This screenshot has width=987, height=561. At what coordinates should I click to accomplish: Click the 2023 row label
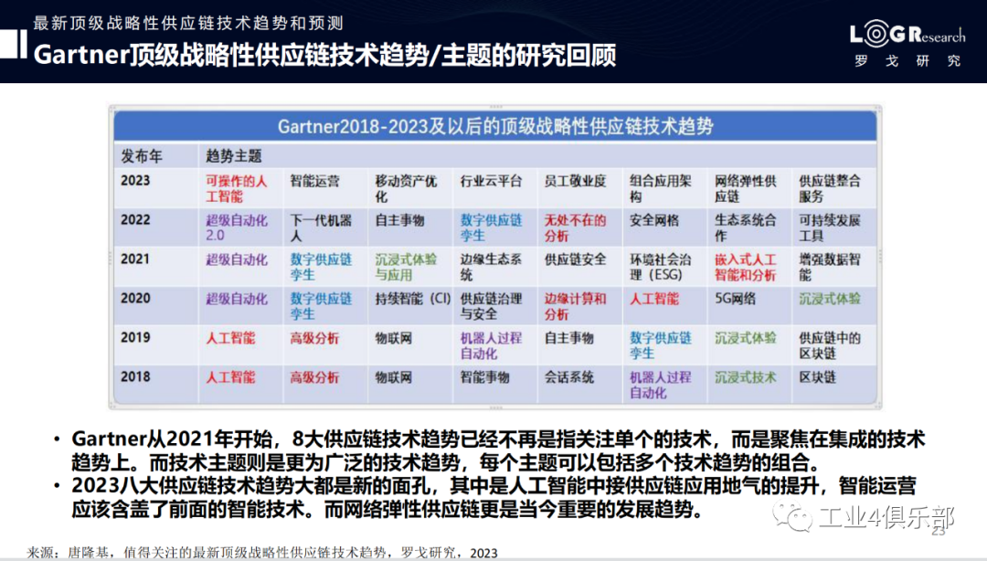(135, 181)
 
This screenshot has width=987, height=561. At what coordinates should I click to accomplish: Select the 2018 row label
(135, 376)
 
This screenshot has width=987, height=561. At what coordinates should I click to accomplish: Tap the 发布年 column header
(142, 155)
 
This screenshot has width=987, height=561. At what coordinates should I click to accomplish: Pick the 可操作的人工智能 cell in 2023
(237, 188)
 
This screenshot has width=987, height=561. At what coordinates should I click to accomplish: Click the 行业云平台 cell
(491, 181)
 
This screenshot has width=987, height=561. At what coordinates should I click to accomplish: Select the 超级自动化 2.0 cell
(237, 228)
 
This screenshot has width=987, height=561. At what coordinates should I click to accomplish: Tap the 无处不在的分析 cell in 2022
(576, 228)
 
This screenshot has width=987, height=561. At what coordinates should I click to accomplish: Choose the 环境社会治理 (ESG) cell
(661, 267)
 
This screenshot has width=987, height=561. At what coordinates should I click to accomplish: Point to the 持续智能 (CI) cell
(413, 299)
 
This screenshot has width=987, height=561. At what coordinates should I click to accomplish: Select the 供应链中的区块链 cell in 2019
(830, 345)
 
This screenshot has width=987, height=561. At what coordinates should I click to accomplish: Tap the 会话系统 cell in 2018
(569, 377)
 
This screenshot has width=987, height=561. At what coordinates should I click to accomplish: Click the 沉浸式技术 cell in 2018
(746, 377)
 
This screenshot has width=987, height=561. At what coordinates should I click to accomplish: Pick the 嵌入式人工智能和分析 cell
(746, 267)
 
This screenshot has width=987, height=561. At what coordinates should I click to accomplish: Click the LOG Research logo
(907, 44)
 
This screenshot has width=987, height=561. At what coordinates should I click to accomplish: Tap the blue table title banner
(495, 126)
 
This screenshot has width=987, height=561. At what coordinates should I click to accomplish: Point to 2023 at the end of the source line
(483, 553)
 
